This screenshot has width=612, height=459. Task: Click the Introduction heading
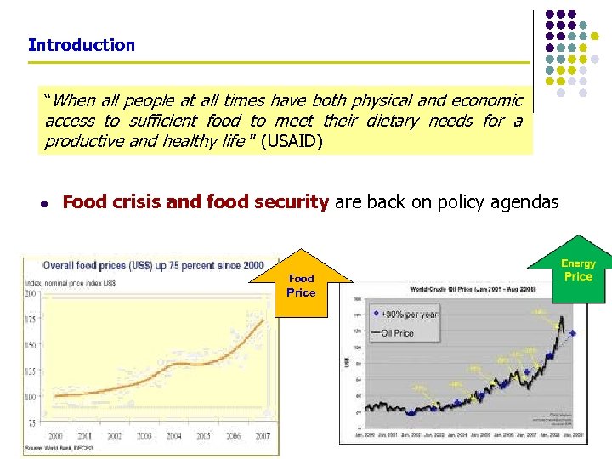(82, 45)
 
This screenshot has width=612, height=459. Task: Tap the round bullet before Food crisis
(42, 203)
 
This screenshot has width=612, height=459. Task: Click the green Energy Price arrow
(578, 270)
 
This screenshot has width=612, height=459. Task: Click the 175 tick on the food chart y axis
(31, 319)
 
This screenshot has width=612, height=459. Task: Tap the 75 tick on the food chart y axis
(32, 422)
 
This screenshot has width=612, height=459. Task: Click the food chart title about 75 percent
(153, 264)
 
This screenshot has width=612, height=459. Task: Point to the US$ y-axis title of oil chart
(347, 361)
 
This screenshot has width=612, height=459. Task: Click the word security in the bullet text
(288, 202)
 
